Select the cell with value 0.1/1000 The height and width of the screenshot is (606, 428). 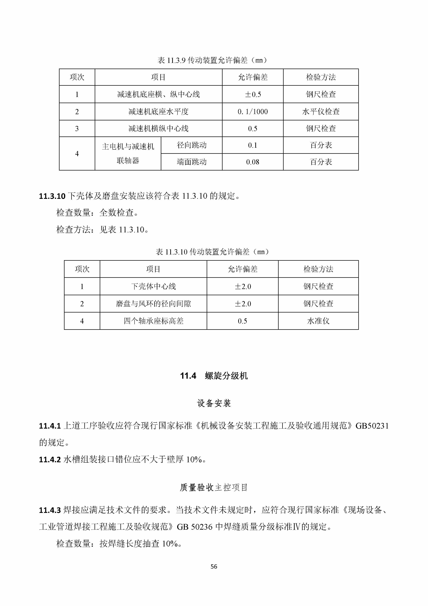point(253,112)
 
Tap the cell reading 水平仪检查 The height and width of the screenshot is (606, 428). point(321,112)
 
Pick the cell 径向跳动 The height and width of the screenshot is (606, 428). point(192,145)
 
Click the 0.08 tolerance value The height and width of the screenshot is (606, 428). point(253,162)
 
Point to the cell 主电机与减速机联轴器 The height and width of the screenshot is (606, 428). point(128,153)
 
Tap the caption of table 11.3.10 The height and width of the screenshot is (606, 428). point(212,252)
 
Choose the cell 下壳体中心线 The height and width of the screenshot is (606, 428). point(153,286)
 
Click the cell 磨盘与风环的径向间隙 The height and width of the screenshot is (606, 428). point(153,304)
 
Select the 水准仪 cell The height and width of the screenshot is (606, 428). point(318,321)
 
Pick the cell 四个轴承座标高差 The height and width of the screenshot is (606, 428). point(153,321)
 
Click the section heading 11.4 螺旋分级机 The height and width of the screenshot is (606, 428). point(214,376)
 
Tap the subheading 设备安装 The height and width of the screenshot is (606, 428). point(214,403)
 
